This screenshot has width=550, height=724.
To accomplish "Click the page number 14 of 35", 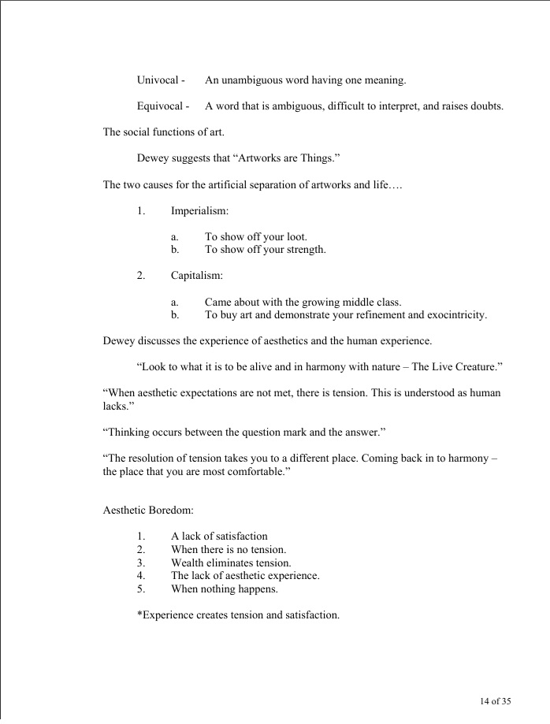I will pos(496,701).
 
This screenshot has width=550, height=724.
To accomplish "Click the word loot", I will pos(295,237).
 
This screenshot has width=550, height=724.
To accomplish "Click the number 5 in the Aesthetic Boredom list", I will pos(139,588).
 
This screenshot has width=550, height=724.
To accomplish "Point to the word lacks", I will pos(117,406).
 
